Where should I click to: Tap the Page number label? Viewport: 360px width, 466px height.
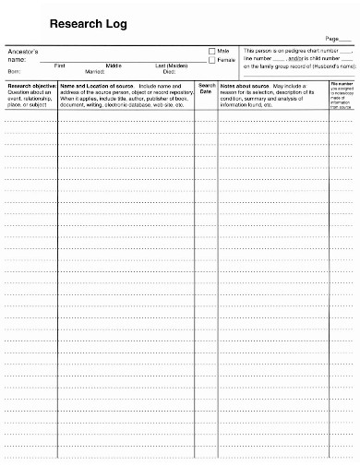tap(320, 37)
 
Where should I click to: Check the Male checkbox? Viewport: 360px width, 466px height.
tap(211, 50)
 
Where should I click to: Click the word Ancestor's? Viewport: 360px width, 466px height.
tap(21, 50)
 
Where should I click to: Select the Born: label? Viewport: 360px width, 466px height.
tap(14, 70)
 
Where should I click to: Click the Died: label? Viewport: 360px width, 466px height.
tap(170, 70)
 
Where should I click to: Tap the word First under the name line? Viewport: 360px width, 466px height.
tap(60, 65)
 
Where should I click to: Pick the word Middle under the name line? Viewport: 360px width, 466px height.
tap(114, 65)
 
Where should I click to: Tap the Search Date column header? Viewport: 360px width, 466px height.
tap(206, 86)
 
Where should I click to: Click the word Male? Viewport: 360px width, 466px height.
tap(224, 50)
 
